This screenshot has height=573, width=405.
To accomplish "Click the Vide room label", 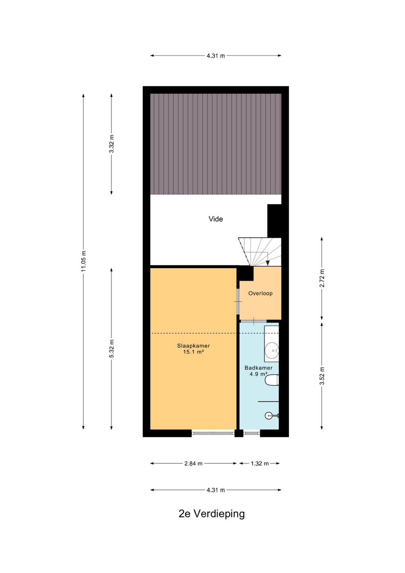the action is point(216,219).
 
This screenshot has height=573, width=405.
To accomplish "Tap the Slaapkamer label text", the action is point(193,345).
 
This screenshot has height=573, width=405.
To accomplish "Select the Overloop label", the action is point(260,293).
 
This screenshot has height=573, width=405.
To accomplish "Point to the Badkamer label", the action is point(259,368).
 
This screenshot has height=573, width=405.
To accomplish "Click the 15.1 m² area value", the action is point(193,352).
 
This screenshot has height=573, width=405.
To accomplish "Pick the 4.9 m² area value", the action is point(259,374).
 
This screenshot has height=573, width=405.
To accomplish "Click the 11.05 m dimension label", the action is point(84,261).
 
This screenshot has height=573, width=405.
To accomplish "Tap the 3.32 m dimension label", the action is point(111,144).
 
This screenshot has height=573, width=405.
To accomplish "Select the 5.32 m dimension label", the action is point(111,350).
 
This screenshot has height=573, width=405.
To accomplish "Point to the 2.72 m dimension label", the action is point(322,278).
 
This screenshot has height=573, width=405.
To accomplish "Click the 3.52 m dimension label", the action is point(322,376).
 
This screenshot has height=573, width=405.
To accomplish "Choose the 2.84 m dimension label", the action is point(193,464).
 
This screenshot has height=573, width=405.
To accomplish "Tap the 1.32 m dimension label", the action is point(259,464).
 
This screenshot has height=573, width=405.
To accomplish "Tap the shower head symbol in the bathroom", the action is point(271,416).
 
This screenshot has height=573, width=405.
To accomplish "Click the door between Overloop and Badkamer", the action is point(253,321).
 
